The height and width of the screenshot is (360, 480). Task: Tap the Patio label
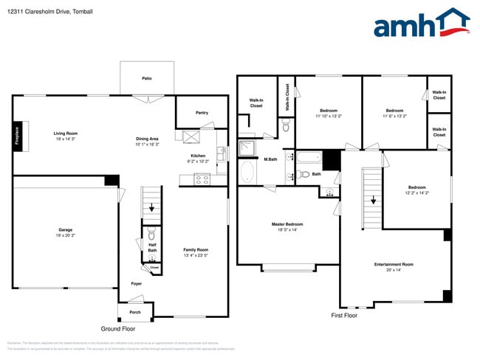pos(148,77)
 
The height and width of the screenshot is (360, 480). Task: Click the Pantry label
pos(202,113)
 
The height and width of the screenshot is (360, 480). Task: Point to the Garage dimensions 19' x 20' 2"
pos(66,235)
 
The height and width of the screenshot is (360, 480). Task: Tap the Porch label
pos(135,312)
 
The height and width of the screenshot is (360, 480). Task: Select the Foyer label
pos(137,283)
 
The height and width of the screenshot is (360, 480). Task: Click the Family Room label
pos(196,249)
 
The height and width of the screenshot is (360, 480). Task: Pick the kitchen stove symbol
pos(202,179)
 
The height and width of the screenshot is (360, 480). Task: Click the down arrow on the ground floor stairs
pos(152,209)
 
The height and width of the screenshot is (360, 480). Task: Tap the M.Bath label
pos(270,159)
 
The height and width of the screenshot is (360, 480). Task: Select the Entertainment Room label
pos(394,264)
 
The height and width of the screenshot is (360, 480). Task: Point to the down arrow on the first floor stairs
pos(374,198)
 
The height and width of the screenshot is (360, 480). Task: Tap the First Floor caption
pos(344,315)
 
